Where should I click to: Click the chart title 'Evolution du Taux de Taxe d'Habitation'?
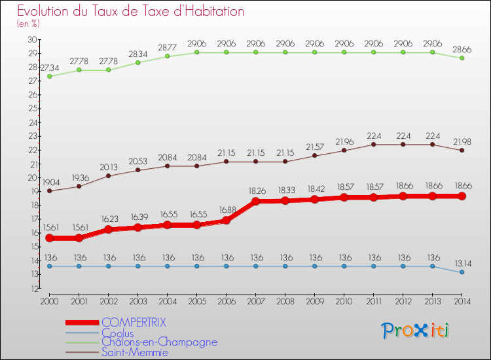(131, 12)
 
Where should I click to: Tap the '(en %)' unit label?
(29, 24)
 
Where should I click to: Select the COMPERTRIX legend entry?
(134, 322)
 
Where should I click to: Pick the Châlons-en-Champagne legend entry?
(159, 342)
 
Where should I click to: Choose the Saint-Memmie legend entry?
(134, 352)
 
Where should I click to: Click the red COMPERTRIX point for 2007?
(255, 201)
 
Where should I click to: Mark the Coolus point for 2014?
(462, 272)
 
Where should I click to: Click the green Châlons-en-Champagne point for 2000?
(49, 76)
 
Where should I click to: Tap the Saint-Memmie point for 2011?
(373, 144)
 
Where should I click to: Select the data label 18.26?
(255, 190)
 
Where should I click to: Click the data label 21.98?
(462, 141)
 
